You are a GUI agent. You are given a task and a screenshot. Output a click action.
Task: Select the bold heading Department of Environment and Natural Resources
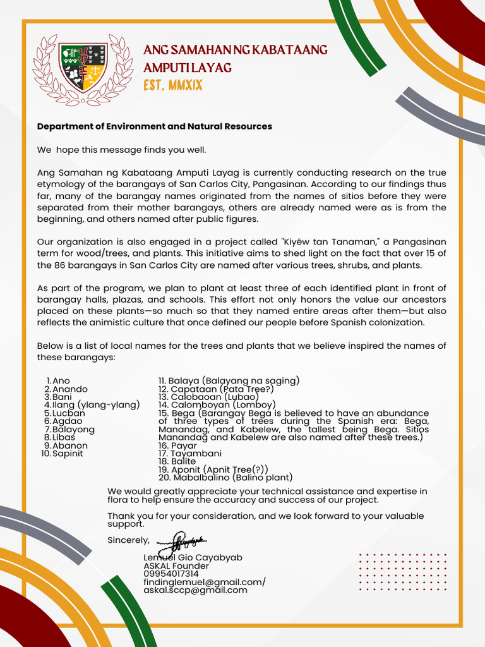click(x=155, y=126)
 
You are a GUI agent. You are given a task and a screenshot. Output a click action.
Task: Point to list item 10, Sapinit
click(x=68, y=454)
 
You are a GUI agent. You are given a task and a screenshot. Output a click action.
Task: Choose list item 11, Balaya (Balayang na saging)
click(x=229, y=380)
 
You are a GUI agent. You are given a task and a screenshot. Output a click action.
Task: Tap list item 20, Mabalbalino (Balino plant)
click(x=225, y=478)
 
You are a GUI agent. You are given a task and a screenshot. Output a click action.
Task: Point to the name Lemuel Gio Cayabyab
click(x=193, y=558)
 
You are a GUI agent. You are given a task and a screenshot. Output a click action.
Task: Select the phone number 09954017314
click(x=171, y=574)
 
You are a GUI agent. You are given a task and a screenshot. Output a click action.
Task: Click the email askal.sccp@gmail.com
click(x=195, y=590)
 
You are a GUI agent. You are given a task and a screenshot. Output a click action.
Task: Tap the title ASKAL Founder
click(x=176, y=566)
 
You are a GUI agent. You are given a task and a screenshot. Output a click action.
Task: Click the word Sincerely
click(x=128, y=540)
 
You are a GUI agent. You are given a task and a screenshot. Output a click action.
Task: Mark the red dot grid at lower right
click(x=402, y=572)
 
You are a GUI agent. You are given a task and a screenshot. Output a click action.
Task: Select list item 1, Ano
click(x=61, y=381)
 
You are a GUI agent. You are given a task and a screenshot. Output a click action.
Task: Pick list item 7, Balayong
click(x=73, y=430)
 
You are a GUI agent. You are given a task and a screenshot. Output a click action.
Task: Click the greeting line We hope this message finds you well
click(x=122, y=150)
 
